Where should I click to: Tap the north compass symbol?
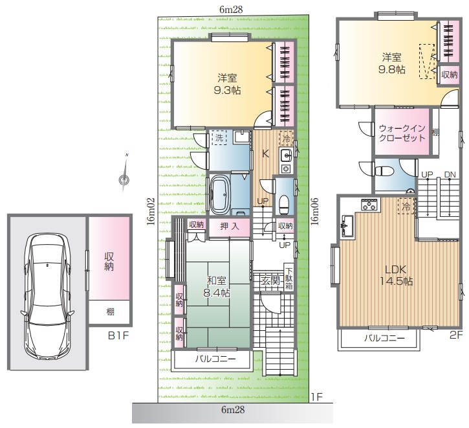click(124, 180)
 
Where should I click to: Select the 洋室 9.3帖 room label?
click(227, 84)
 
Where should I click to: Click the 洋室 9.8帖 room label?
click(391, 63)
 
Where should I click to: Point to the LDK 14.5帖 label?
click(397, 275)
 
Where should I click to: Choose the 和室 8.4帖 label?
click(217, 287)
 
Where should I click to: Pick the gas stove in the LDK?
click(370, 204)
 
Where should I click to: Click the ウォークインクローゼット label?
click(402, 133)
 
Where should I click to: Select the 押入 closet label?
click(230, 227)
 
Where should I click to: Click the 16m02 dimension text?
click(151, 212)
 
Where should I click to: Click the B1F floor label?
click(118, 336)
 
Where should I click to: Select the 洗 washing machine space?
click(219, 138)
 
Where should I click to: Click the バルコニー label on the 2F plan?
click(384, 338)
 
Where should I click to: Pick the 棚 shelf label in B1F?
click(110, 312)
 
